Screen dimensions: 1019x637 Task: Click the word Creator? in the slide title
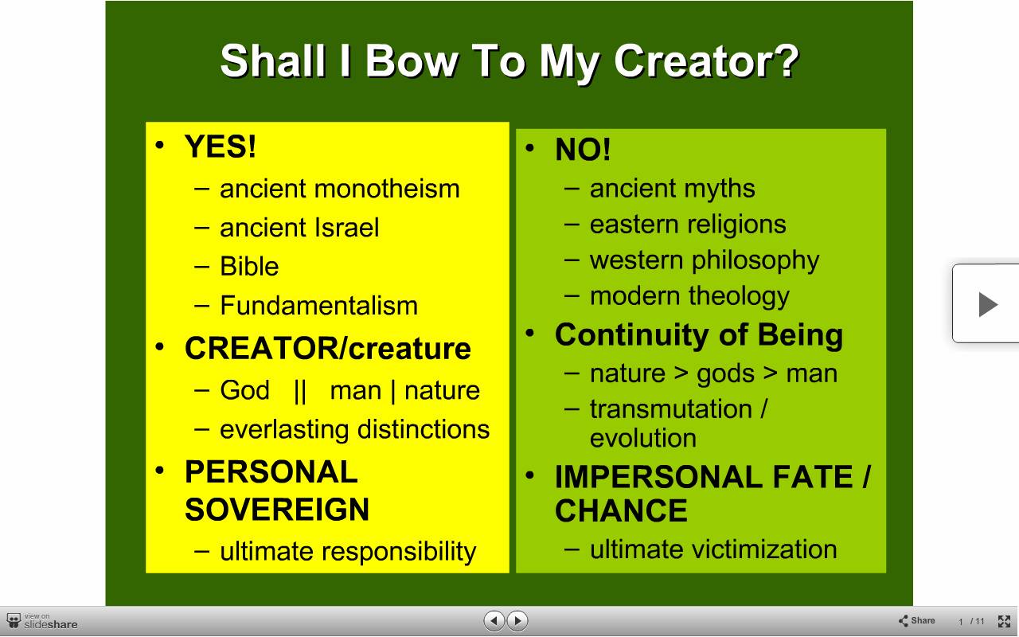coord(706,61)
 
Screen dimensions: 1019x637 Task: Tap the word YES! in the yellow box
coord(221,147)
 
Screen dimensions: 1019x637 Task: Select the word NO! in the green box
coord(583,149)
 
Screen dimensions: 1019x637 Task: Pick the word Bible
coord(249,266)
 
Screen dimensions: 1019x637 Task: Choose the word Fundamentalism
coord(319,305)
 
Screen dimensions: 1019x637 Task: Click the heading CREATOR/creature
coord(328,349)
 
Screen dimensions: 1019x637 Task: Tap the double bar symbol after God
coord(300,391)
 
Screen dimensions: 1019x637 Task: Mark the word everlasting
coord(284,429)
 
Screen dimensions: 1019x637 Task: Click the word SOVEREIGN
coord(277,509)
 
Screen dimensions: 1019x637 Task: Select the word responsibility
coord(399,552)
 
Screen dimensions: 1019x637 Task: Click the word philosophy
coord(755,261)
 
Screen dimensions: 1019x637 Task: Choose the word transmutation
coord(671,408)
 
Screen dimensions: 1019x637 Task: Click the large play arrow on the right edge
coord(988,304)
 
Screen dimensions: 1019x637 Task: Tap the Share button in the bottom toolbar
coord(916,620)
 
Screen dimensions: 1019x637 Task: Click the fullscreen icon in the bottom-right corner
coord(1004,621)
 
